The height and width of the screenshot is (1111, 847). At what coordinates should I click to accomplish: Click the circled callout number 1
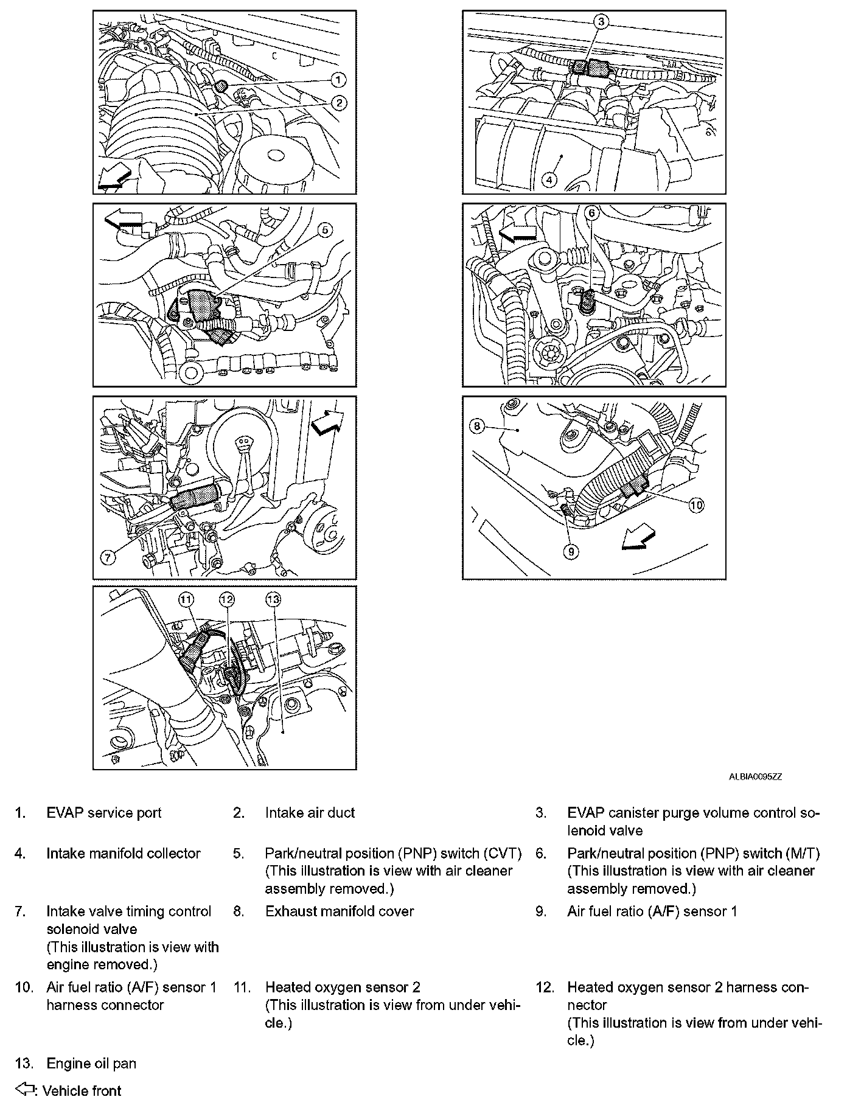(339, 79)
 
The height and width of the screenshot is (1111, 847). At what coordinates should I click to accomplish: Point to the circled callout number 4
(549, 180)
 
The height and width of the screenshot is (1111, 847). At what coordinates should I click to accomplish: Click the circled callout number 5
(325, 230)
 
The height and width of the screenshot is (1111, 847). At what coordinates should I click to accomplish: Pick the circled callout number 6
(592, 213)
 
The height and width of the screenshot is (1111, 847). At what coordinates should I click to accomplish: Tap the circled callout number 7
(108, 557)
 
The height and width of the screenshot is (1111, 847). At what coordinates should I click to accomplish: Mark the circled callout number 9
(571, 551)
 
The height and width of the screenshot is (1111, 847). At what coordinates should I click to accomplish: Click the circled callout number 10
(696, 504)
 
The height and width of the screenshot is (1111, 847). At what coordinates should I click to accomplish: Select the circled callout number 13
(273, 600)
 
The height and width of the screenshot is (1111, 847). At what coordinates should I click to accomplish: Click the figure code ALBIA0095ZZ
(755, 777)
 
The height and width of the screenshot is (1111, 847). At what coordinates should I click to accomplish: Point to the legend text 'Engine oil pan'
(91, 1064)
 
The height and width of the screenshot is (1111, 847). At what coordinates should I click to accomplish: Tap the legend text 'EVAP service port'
(104, 813)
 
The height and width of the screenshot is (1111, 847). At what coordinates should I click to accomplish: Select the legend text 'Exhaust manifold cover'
(340, 911)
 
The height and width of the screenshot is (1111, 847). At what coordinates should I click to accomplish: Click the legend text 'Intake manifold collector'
(124, 853)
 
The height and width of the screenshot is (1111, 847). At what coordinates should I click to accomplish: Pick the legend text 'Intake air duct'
(310, 813)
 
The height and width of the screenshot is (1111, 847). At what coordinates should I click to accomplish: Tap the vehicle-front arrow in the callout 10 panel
(638, 540)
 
